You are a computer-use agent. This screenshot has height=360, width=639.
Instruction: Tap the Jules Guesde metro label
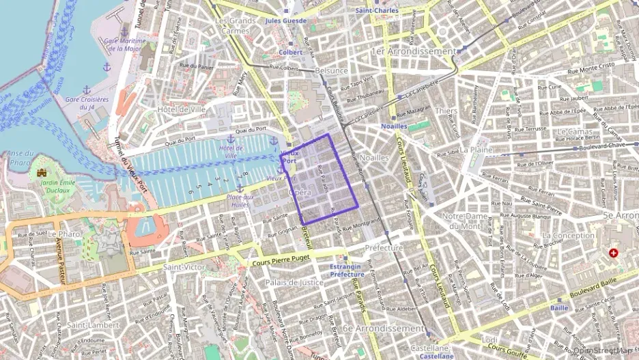287,21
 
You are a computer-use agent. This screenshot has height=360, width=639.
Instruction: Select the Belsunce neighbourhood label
332,70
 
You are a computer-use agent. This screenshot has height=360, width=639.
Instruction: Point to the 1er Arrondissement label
413,51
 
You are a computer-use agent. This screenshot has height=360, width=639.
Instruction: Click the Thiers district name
446,111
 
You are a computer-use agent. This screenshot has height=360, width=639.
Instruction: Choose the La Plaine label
476,149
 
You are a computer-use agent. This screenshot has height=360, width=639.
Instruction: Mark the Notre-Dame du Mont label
466,221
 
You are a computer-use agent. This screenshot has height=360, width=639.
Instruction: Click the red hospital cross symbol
613,253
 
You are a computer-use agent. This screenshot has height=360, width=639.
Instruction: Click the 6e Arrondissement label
383,329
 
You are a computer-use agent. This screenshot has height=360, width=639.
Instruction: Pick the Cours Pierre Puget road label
281,260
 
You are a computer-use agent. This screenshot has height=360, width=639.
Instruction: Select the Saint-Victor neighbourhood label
183,267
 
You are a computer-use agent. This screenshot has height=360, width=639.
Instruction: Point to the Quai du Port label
251,130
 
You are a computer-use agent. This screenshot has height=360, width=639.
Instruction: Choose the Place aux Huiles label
239,200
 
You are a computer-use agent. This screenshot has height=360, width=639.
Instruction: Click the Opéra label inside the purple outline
300,193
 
